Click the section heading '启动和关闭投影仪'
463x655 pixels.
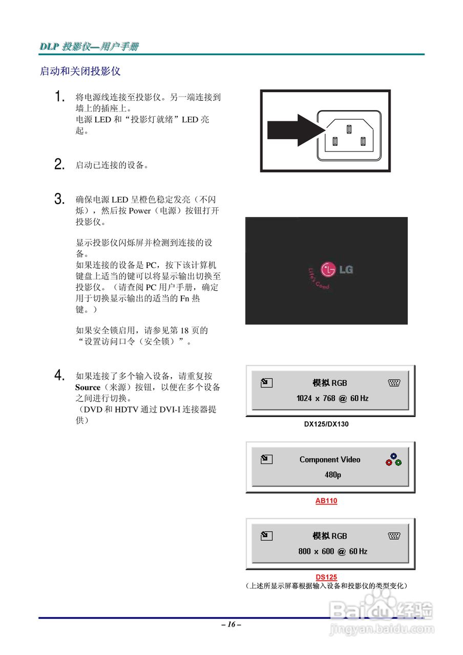coord(80,71)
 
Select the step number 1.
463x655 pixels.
coord(60,97)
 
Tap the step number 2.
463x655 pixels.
coord(59,165)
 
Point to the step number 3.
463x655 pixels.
coord(59,199)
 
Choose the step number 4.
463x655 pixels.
coord(59,376)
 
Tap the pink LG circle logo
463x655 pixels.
coord(328,269)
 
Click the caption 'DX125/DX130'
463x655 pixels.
coord(326,424)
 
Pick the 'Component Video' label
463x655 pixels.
coord(330,460)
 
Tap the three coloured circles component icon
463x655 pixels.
coord(393,460)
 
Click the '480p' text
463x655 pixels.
coord(332,474)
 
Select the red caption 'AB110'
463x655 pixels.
coord(326,500)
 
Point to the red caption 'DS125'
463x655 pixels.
coord(326,577)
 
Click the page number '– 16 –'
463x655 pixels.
coord(231,624)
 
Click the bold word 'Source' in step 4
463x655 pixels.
coord(88,387)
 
